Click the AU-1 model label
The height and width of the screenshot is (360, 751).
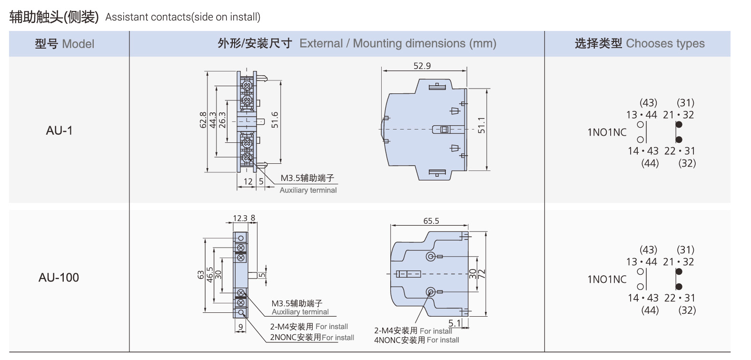pyautogui.click(x=59, y=130)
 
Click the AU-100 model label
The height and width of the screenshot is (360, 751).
pyautogui.click(x=59, y=278)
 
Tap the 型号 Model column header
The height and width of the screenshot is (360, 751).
pyautogui.click(x=65, y=44)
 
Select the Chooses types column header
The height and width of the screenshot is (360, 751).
pyautogui.click(x=639, y=44)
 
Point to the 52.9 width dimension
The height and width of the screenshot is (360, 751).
pyautogui.click(x=422, y=66)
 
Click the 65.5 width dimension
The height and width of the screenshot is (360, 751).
pyautogui.click(x=431, y=221)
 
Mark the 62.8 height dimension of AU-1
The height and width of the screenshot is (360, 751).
pyautogui.click(x=203, y=120)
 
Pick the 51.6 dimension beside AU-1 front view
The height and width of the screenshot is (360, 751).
pyautogui.click(x=275, y=120)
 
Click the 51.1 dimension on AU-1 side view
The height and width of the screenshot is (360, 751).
pyautogui.click(x=482, y=125)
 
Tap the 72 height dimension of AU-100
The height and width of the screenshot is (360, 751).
pyautogui.click(x=482, y=274)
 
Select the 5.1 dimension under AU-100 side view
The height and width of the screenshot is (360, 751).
pyautogui.click(x=455, y=323)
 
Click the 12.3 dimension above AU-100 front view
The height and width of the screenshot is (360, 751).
pyautogui.click(x=240, y=218)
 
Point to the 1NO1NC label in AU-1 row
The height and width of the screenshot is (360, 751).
pyautogui.click(x=607, y=132)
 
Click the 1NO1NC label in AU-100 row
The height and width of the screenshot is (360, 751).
pyautogui.click(x=607, y=280)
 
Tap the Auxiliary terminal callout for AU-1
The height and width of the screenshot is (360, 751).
pyautogui.click(x=308, y=190)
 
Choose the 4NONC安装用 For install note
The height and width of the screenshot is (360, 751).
pyautogui.click(x=416, y=340)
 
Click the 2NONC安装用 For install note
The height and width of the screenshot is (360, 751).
pyautogui.click(x=312, y=338)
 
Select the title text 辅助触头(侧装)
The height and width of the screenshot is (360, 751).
pyautogui.click(x=54, y=17)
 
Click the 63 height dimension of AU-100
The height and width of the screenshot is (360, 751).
pyautogui.click(x=201, y=275)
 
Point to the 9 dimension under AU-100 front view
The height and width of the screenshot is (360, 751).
pyautogui.click(x=241, y=327)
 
